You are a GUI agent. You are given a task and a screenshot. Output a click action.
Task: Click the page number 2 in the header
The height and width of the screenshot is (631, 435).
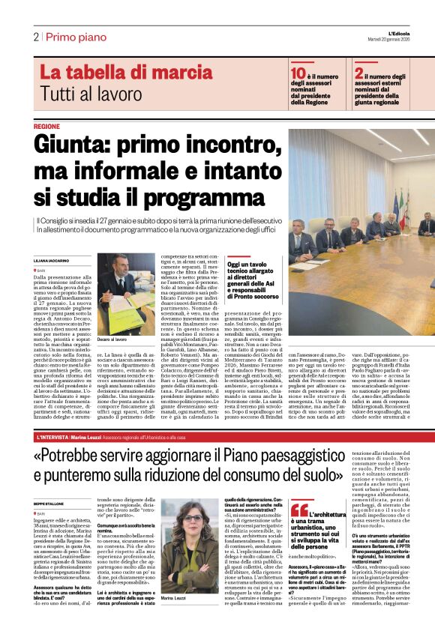(x=35, y=37)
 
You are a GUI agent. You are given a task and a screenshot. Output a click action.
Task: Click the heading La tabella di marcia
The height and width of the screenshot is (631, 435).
(x=115, y=73)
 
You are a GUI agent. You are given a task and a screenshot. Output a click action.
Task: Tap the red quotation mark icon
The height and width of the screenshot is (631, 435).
(x=299, y=487)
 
